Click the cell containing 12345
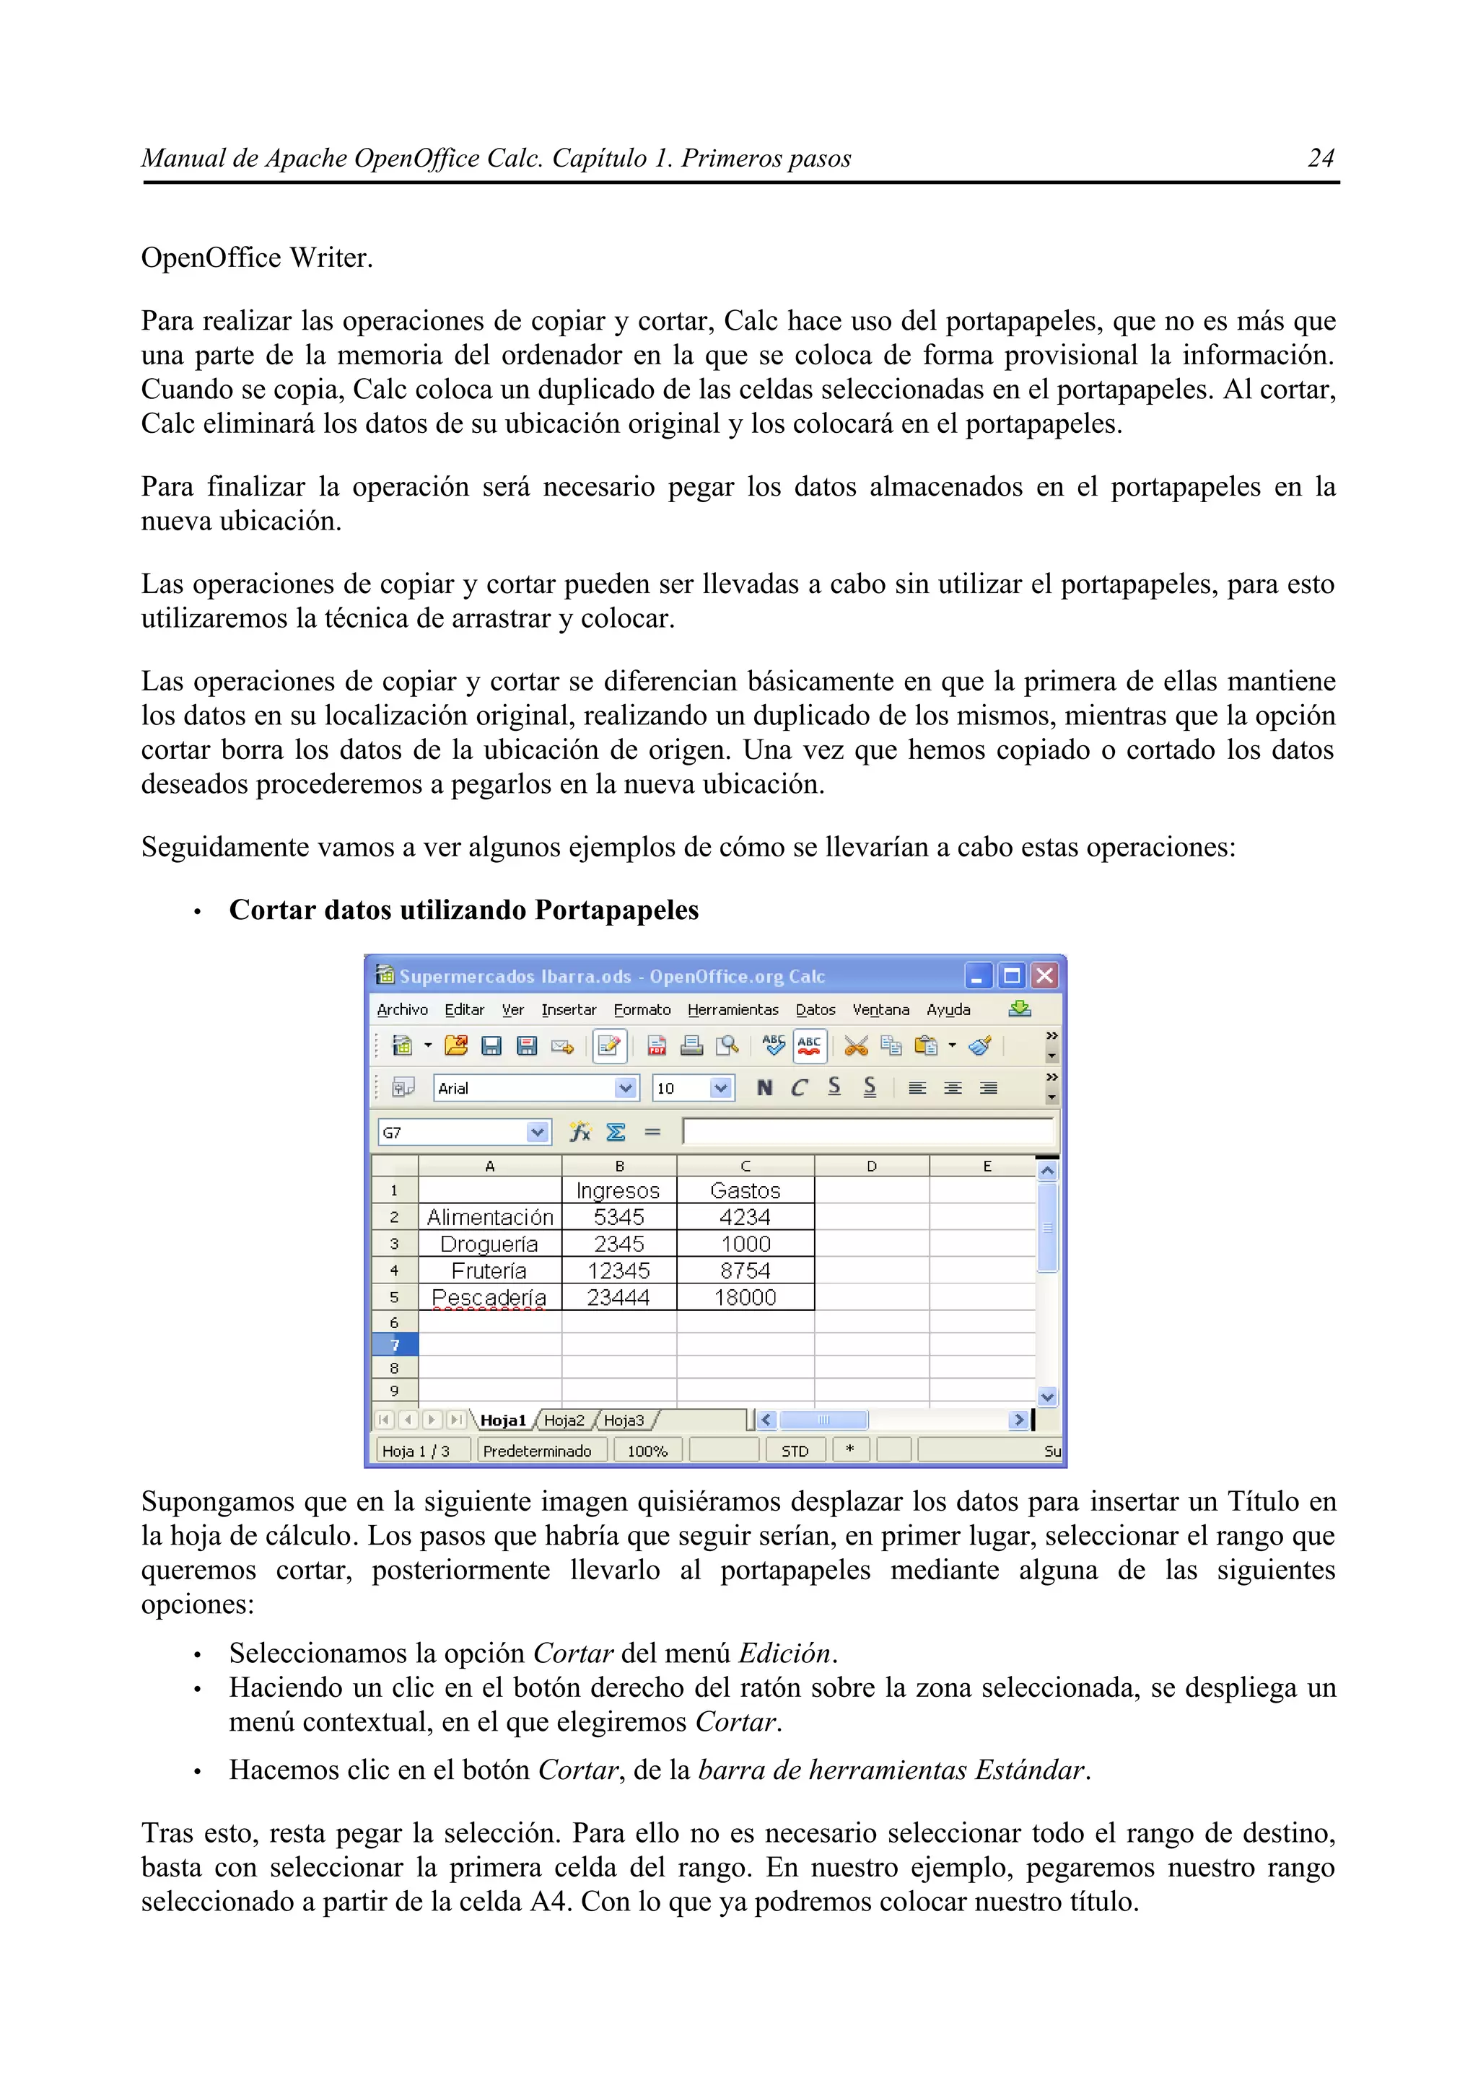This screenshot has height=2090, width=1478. (618, 1270)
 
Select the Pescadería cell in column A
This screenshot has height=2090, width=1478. (489, 1297)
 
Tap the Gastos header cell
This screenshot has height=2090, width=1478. (745, 1190)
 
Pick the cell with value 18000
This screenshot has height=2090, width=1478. (745, 1297)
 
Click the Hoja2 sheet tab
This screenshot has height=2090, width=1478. (564, 1420)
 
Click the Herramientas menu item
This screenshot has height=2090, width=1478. (733, 1009)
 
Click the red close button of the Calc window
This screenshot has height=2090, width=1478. (1044, 976)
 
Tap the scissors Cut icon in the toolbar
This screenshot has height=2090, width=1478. (855, 1046)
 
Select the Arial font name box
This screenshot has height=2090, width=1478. (524, 1088)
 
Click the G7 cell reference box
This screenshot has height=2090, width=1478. (452, 1133)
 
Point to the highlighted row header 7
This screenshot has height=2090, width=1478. (394, 1345)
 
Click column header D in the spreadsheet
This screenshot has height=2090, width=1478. (872, 1166)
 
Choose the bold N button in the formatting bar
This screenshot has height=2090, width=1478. (764, 1088)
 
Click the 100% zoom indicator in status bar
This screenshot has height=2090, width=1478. (647, 1451)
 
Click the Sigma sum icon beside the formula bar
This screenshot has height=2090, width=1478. (616, 1133)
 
